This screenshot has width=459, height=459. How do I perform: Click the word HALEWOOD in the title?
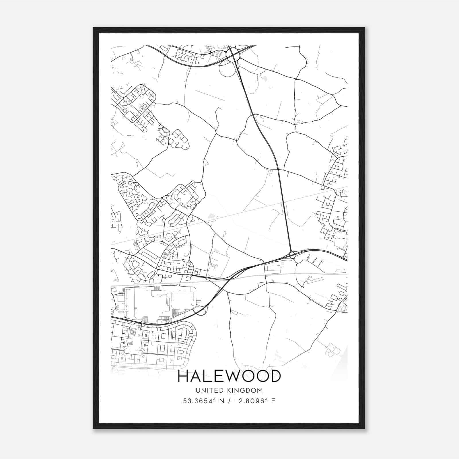click(x=229, y=376)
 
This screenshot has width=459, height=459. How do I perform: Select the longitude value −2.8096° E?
click(x=255, y=401)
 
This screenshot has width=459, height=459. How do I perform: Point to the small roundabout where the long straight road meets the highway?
click(x=292, y=255)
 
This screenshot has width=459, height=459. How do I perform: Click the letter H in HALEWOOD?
click(x=183, y=376)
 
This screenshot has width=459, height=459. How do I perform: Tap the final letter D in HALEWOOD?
click(x=275, y=376)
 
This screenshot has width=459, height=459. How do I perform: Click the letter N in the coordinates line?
click(x=221, y=401)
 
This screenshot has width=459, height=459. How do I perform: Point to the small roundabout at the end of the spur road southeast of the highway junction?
click(x=303, y=287)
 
